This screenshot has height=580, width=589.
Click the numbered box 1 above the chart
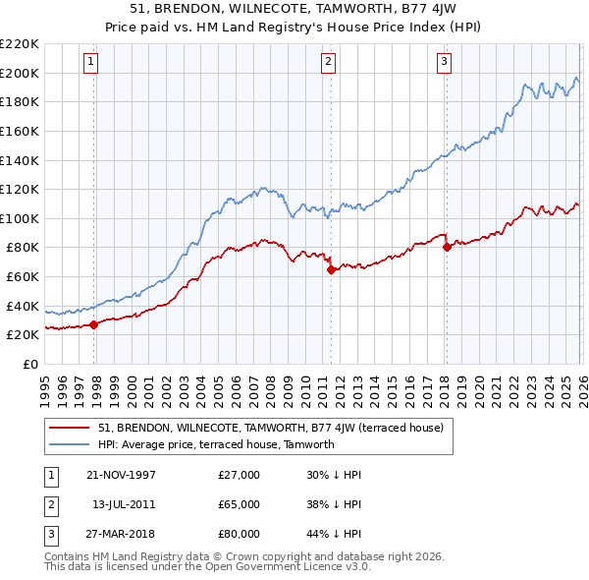click(90, 62)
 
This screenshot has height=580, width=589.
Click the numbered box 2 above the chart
click(327, 62)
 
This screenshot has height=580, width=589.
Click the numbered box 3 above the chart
click(444, 62)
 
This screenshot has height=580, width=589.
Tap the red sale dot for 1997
click(94, 324)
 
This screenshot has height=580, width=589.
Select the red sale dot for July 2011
click(331, 269)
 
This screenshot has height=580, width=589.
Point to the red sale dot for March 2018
click(447, 248)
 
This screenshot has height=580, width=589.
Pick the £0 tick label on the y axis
click(30, 364)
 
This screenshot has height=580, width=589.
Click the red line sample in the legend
click(71, 428)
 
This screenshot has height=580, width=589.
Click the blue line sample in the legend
click(71, 444)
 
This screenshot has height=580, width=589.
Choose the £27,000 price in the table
click(240, 475)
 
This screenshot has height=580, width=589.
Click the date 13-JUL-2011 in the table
click(123, 504)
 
